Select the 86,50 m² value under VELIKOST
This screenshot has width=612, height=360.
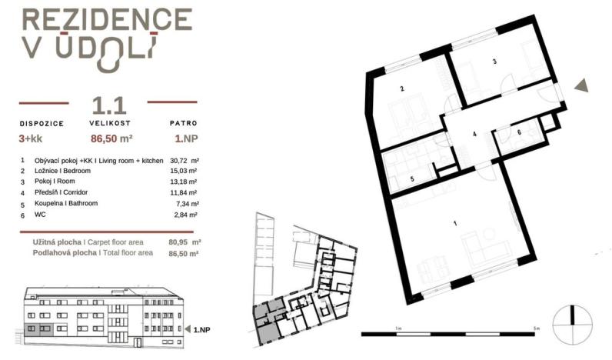point(111,139)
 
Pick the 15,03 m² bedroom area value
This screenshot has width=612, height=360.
point(183,171)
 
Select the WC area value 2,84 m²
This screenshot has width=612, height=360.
point(185,215)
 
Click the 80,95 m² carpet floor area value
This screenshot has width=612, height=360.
point(183,240)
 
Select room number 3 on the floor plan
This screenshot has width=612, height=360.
point(494,62)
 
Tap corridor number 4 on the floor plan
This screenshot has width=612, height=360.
point(474,134)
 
